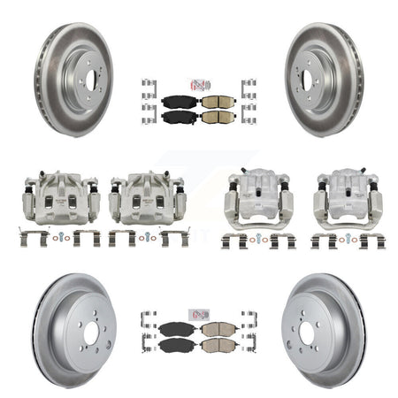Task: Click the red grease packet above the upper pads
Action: click(200, 85)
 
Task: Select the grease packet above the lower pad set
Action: click(200, 315)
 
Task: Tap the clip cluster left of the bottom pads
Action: click(148, 333)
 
